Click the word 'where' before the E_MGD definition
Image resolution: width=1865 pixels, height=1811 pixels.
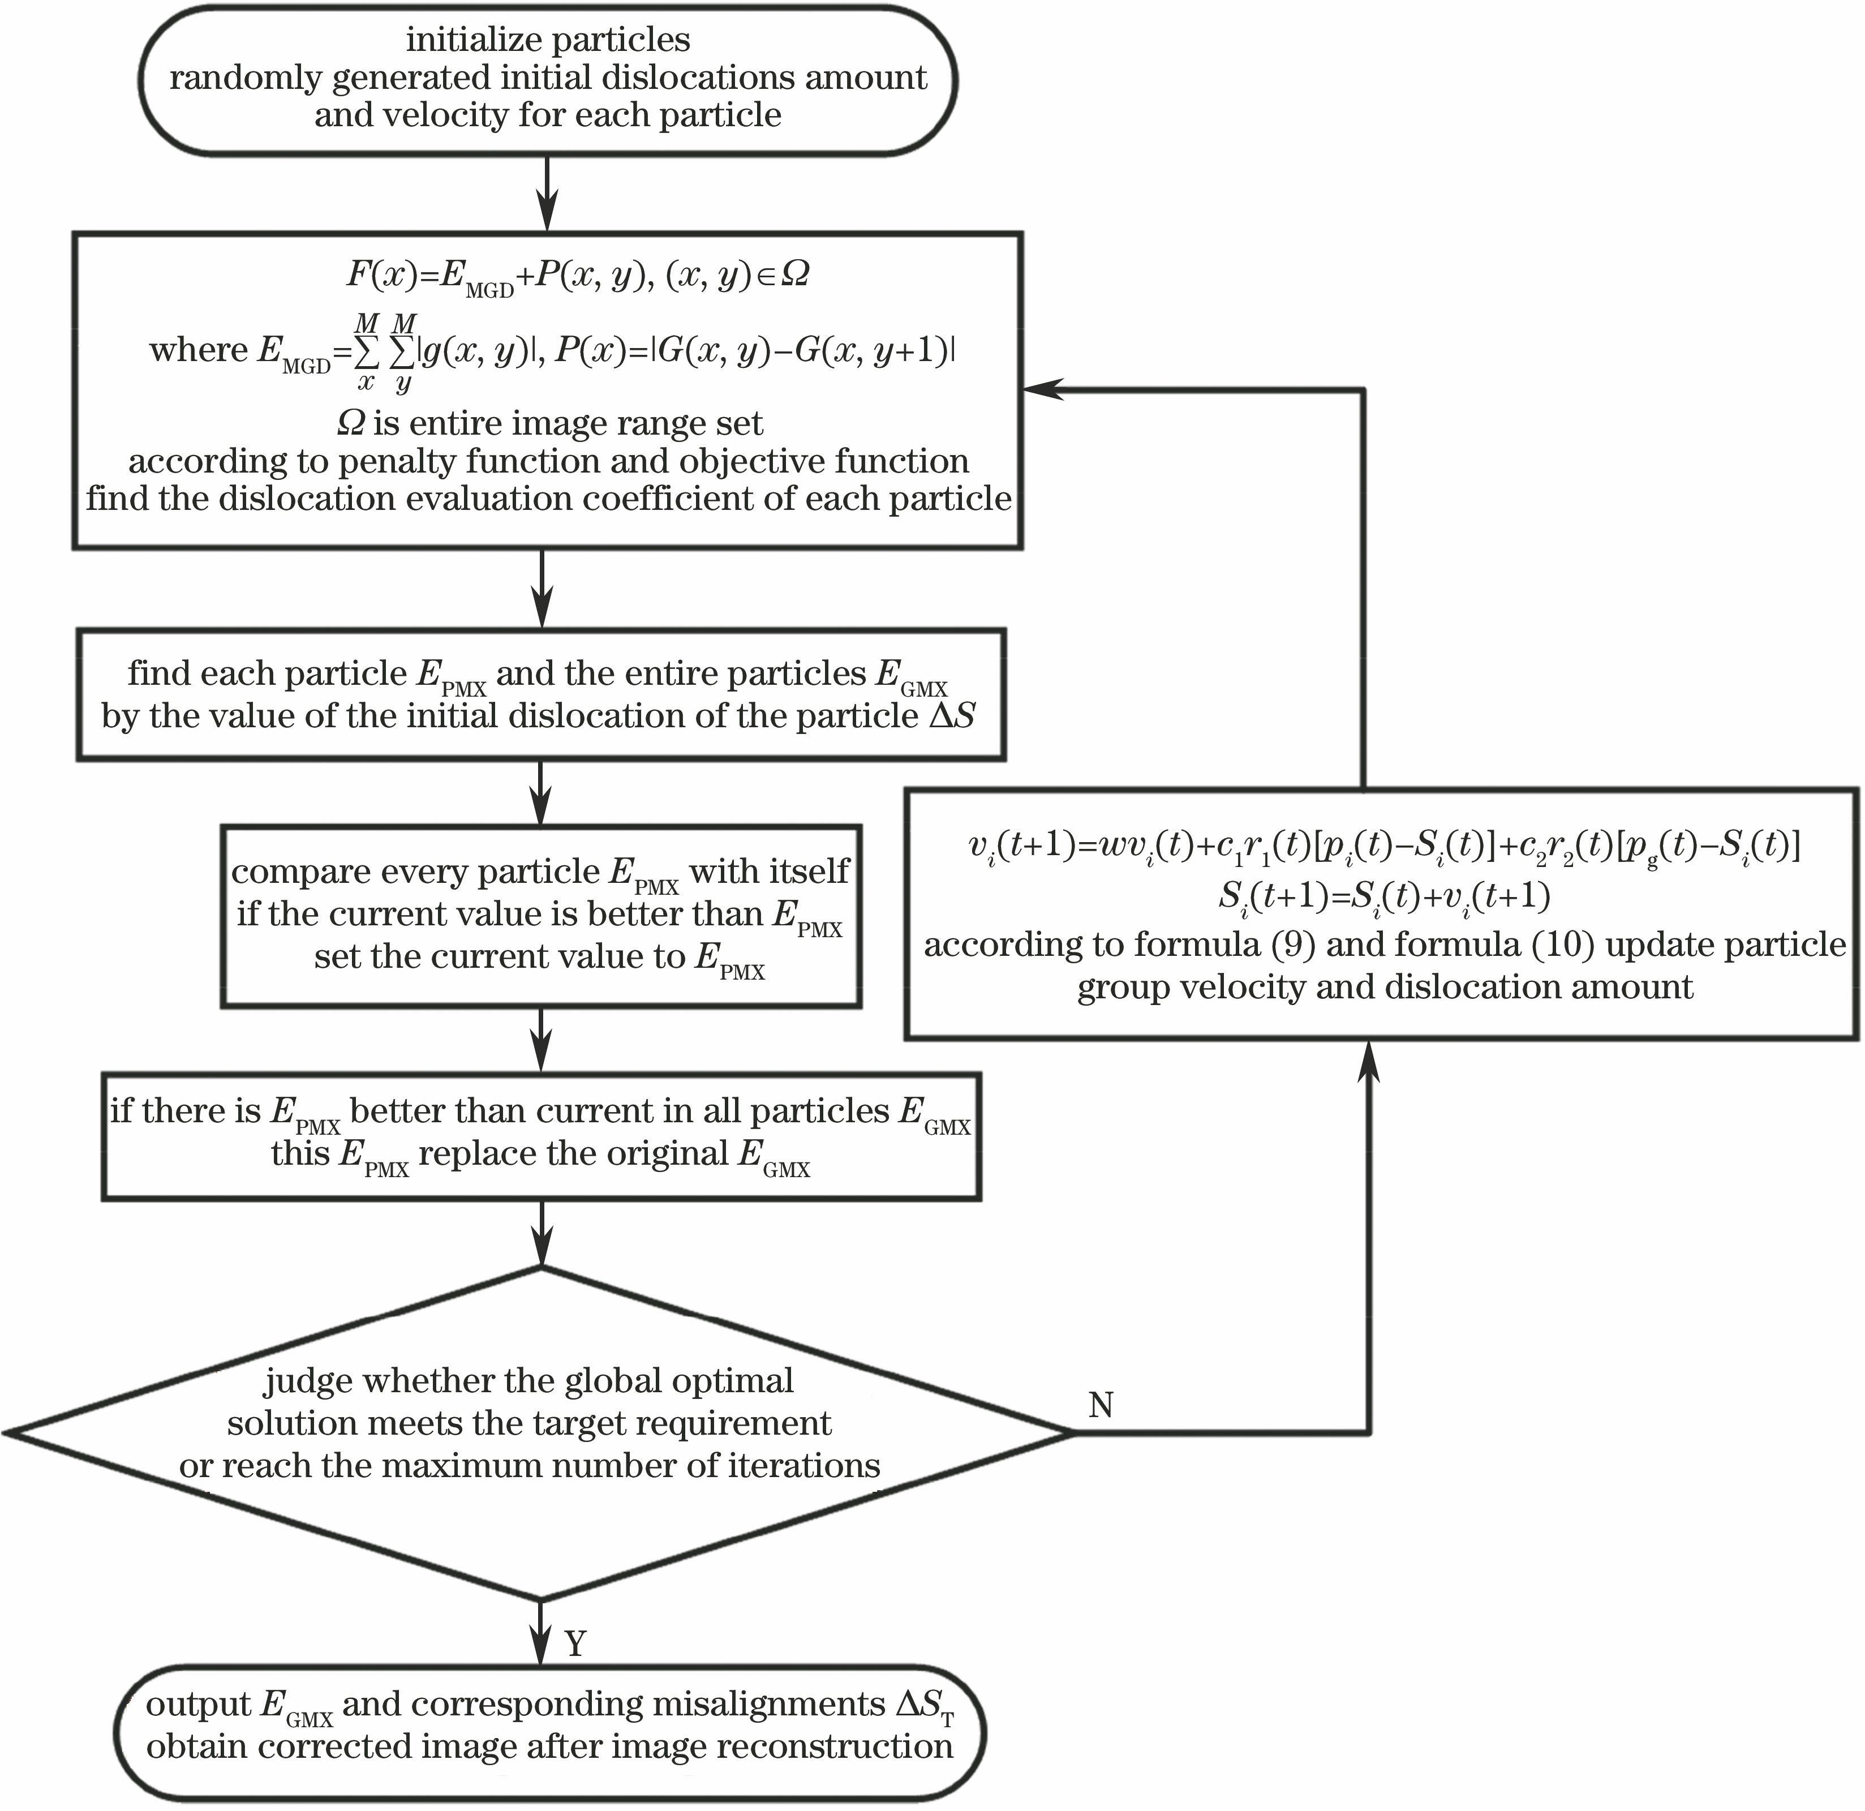pos(199,350)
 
